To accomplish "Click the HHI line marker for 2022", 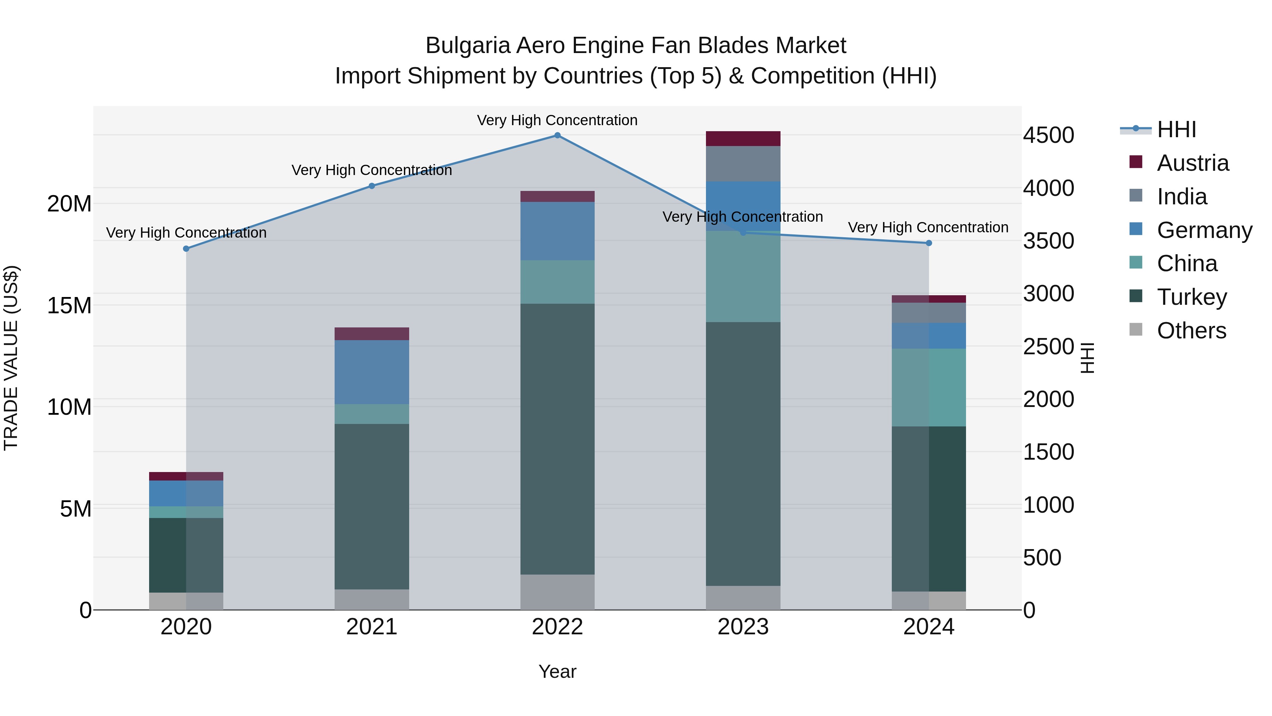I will (x=558, y=135).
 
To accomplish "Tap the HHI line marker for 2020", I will (x=186, y=249).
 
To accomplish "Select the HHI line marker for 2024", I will (x=929, y=243).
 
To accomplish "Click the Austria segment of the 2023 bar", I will (x=743, y=139).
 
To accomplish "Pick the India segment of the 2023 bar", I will (x=743, y=164).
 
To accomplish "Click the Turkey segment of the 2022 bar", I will (x=558, y=439).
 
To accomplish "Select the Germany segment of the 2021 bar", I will (x=372, y=372).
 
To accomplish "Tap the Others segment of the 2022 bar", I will (x=558, y=592).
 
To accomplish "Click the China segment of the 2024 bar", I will (x=929, y=388).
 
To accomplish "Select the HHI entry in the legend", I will (x=1176, y=129).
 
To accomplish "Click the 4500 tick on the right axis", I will (x=1048, y=135).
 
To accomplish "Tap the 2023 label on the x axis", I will (x=743, y=627).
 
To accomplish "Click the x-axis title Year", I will (x=558, y=671).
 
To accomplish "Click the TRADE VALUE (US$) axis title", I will (x=11, y=358).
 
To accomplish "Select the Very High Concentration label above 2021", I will (x=372, y=170).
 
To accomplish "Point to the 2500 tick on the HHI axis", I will (x=1048, y=347).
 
